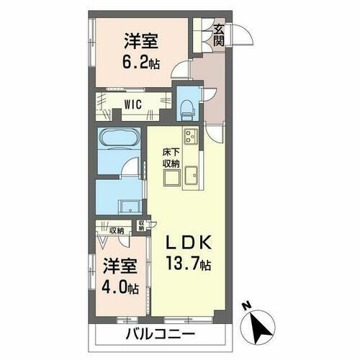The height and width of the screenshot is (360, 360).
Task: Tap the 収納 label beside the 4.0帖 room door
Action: point(117,230)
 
